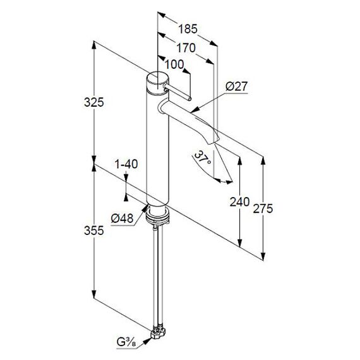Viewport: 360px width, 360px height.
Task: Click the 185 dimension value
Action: pyautogui.click(x=188, y=29)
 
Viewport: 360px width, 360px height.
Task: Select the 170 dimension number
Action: pyautogui.click(x=186, y=48)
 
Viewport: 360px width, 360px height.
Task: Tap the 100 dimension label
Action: pyautogui.click(x=174, y=64)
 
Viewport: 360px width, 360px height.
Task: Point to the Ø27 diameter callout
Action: pyautogui.click(x=236, y=87)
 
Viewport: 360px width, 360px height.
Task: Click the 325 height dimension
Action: pyautogui.click(x=94, y=102)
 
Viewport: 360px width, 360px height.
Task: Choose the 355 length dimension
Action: pyautogui.click(x=94, y=231)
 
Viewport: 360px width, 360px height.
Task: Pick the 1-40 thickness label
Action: pyautogui.click(x=126, y=164)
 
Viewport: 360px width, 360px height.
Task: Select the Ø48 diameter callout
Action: pyautogui.click(x=122, y=219)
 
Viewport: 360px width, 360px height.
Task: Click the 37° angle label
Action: pyautogui.click(x=203, y=157)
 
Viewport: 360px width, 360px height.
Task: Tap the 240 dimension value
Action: pyautogui.click(x=239, y=202)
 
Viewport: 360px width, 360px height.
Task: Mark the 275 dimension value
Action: pyautogui.click(x=263, y=208)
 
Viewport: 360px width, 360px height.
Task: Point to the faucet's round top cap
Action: pyautogui.click(x=158, y=83)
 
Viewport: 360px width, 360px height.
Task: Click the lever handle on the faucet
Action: pyautogui.click(x=177, y=92)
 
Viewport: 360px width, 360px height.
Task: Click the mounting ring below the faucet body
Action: pyautogui.click(x=158, y=215)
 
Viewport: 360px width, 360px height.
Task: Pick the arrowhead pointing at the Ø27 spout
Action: pyautogui.click(x=195, y=110)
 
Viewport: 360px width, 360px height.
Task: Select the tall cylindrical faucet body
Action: pyautogui.click(x=158, y=148)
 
